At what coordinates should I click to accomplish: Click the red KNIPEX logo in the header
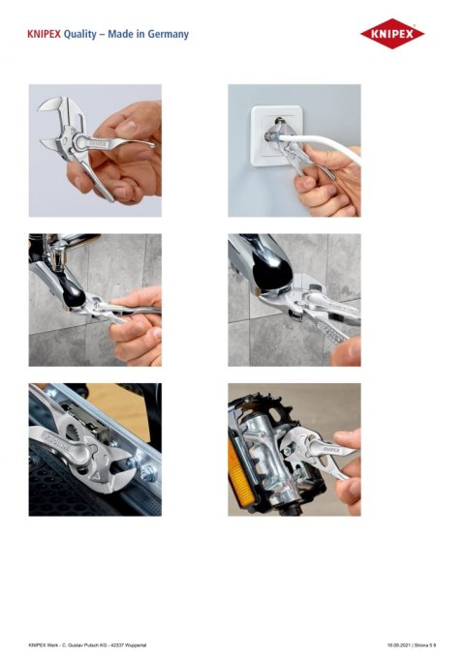(392, 35)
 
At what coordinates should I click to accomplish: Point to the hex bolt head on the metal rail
(148, 473)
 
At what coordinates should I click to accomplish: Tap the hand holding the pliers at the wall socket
(325, 189)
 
